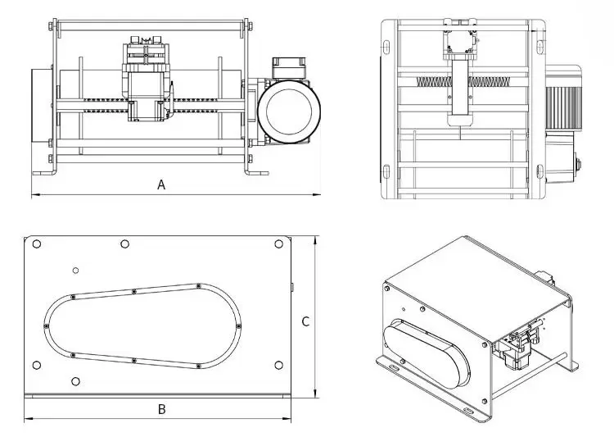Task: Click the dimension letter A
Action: point(161,184)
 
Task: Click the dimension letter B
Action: point(162,408)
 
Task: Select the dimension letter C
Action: point(305,321)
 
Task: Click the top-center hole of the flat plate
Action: point(124,243)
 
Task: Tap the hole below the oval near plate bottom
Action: point(76,380)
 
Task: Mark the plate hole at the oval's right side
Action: point(278,365)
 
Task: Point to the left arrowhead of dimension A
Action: point(34,195)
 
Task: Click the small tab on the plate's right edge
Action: point(292,286)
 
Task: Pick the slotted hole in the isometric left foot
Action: point(395,367)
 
